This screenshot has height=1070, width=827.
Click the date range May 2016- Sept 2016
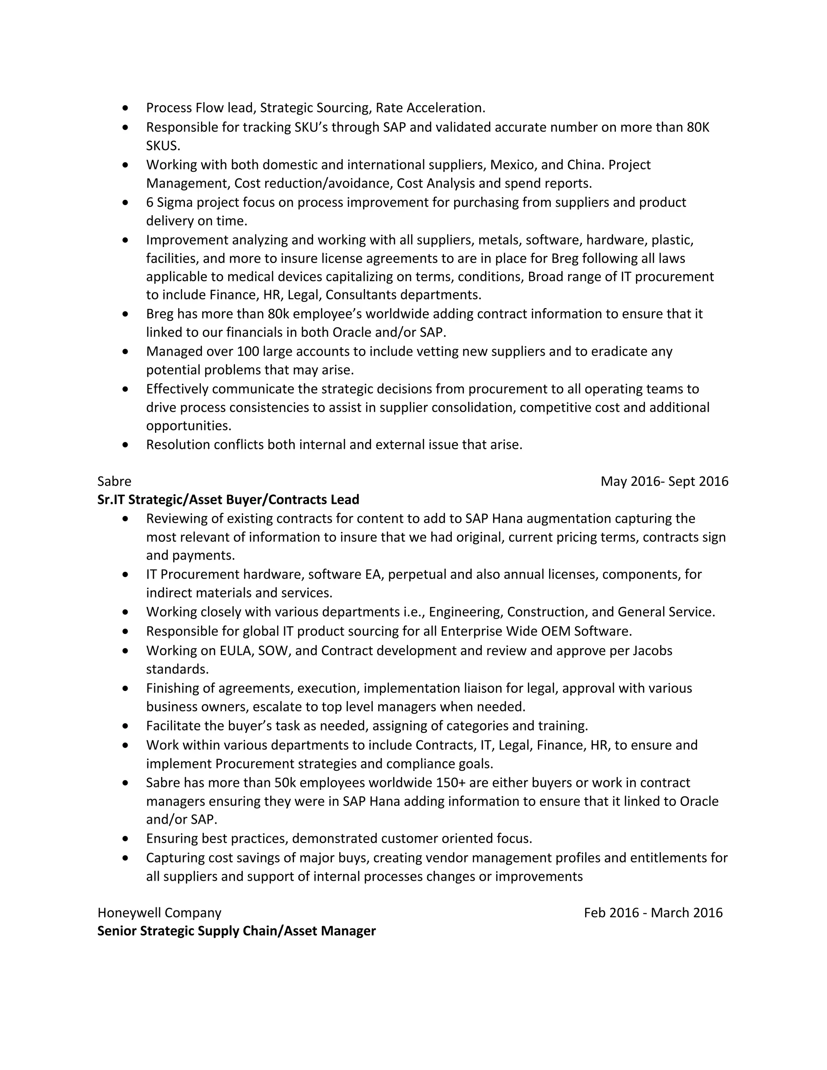pyautogui.click(x=664, y=481)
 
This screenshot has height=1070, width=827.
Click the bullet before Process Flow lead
pyautogui.click(x=126, y=107)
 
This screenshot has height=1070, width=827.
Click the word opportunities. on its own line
pyautogui.click(x=189, y=426)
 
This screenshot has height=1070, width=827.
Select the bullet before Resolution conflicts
pyautogui.click(x=126, y=445)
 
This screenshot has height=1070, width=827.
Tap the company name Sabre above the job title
pyautogui.click(x=114, y=481)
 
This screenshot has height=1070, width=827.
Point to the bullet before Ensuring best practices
pyautogui.click(x=126, y=839)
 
